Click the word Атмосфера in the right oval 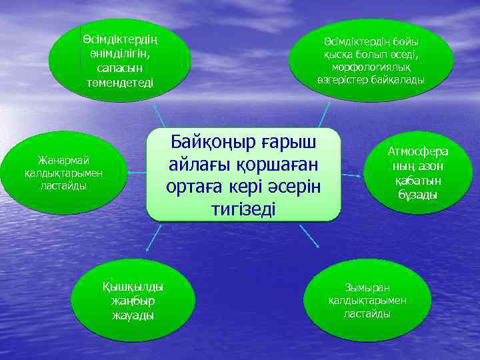point(419,151)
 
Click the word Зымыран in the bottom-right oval point(368,287)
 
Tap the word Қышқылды point(133,287)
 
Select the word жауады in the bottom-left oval point(133,315)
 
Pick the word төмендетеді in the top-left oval point(119,83)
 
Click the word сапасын point(119,69)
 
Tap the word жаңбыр point(133,301)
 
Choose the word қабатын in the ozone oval point(419,181)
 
